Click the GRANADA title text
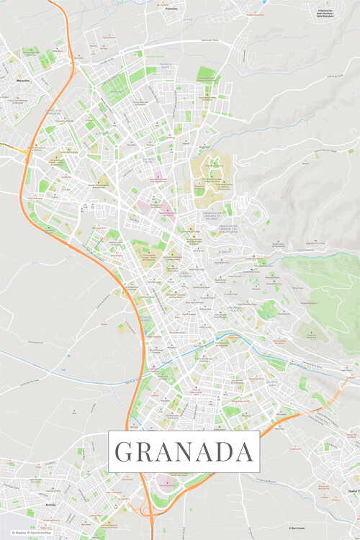[x=184, y=451]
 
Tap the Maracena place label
[x=23, y=81]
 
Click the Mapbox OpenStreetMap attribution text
[x=27, y=533]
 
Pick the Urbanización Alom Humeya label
[x=325, y=14]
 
